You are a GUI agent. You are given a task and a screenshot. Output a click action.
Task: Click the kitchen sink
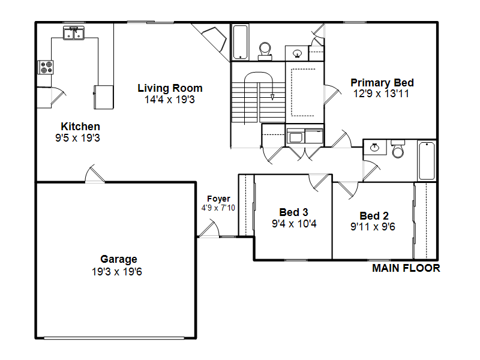[x=74, y=33]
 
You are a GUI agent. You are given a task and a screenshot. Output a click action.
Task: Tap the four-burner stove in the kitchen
[x=46, y=67]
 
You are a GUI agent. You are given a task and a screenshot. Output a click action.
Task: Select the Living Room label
[x=170, y=88]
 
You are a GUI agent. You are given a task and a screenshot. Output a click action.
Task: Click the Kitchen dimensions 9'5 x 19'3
[x=77, y=138]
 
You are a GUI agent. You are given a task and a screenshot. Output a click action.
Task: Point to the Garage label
[x=119, y=259]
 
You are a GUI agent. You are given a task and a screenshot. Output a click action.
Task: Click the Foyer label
[x=218, y=199]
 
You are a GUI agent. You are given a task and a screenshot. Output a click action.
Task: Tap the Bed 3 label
[x=293, y=212]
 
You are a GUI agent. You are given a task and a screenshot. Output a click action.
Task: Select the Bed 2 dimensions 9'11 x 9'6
[x=373, y=227]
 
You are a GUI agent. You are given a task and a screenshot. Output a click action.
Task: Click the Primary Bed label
[x=382, y=83]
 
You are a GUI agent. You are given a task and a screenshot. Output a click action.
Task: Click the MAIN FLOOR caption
[x=406, y=268]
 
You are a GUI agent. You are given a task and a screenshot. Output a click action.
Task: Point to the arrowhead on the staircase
[x=272, y=97]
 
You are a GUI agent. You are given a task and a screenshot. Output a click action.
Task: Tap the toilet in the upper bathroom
[x=265, y=52]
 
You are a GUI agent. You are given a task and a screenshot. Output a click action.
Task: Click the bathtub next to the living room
[x=241, y=42]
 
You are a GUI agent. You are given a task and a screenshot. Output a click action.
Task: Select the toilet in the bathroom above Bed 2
[x=398, y=149]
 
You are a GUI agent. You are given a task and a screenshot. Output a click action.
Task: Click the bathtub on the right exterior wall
[x=427, y=161]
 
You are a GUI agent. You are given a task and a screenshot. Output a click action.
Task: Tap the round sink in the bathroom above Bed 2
[x=374, y=148]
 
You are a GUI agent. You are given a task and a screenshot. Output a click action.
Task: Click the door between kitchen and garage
[x=95, y=175]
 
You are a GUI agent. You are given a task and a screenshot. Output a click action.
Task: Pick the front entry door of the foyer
[x=208, y=228]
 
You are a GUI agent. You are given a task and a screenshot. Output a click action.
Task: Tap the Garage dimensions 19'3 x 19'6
[x=117, y=272]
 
